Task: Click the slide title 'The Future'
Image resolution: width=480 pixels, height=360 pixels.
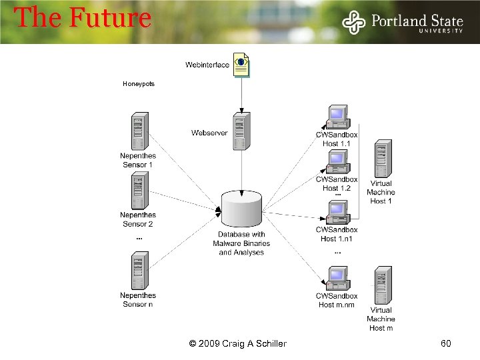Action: click(x=83, y=18)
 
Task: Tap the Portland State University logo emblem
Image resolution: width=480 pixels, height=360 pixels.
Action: click(x=353, y=22)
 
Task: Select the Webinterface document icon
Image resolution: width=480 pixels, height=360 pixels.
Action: click(x=241, y=65)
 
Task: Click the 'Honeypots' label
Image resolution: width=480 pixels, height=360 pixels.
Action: click(x=139, y=84)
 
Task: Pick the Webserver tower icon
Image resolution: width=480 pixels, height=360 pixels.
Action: click(x=241, y=131)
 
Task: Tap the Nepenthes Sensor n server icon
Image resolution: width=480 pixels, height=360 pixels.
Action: click(x=139, y=271)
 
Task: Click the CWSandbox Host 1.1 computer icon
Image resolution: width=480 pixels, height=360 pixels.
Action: click(x=337, y=117)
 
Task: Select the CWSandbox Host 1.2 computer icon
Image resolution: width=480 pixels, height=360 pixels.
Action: click(x=337, y=162)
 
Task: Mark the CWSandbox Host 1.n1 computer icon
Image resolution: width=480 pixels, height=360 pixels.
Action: click(x=337, y=212)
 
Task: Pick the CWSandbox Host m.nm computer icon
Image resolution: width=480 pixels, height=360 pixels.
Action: click(x=337, y=279)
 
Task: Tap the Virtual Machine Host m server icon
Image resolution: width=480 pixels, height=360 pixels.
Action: click(x=382, y=285)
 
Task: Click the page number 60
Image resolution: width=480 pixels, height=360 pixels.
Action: click(x=446, y=343)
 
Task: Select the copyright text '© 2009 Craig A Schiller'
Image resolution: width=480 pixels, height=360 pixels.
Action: click(x=238, y=343)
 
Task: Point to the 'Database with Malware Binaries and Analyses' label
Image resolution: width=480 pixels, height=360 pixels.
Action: click(x=241, y=243)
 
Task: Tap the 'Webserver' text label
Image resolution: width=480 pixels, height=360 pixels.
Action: click(x=209, y=133)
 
